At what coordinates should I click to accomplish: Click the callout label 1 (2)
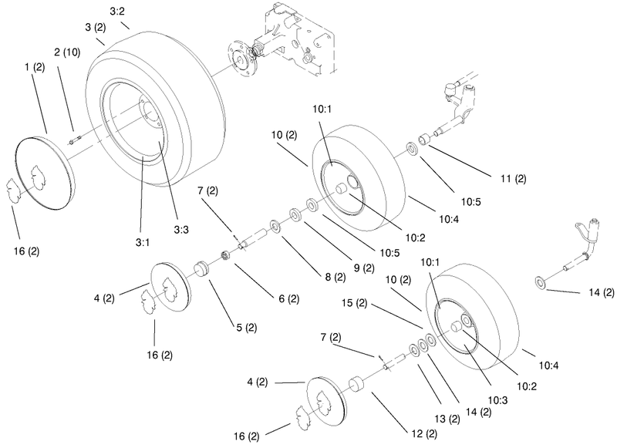(35, 67)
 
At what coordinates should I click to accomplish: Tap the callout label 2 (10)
(67, 52)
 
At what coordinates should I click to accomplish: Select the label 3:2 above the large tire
(117, 12)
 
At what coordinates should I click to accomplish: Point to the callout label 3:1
(143, 243)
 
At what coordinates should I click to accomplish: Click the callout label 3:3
(181, 230)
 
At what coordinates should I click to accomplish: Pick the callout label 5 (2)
(247, 327)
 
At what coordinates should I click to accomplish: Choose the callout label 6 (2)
(288, 299)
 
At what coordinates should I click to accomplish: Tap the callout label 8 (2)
(335, 278)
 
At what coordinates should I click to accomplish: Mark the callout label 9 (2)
(364, 268)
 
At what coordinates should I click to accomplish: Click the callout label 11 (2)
(513, 179)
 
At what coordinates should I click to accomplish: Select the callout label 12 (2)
(424, 434)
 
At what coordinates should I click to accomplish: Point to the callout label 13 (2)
(447, 419)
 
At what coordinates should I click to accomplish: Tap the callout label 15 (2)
(354, 303)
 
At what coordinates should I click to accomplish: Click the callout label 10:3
(497, 400)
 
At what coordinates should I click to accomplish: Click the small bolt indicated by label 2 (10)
(76, 140)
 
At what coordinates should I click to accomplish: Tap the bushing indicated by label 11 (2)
(425, 140)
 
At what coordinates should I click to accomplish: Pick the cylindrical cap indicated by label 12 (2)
(356, 384)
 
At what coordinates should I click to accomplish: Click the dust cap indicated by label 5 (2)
(202, 269)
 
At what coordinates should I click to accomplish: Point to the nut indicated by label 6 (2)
(225, 255)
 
